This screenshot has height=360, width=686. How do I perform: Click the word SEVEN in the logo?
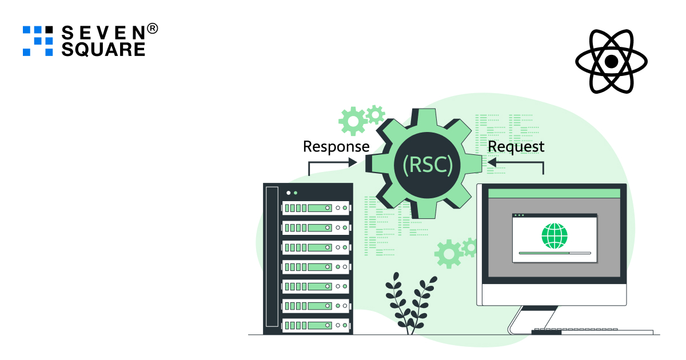point(103,31)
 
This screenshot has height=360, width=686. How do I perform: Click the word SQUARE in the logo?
point(103,49)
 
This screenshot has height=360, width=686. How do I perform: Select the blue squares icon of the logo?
point(38,41)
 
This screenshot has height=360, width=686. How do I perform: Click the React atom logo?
point(611,61)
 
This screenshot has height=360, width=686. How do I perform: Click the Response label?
point(336,146)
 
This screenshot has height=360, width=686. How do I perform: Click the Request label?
point(516,146)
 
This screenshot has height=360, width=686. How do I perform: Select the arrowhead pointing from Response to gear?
point(353,162)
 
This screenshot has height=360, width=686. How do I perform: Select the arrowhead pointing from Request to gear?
point(492,162)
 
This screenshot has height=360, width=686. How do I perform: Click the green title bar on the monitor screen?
point(554,194)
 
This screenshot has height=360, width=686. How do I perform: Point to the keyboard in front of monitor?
point(592,331)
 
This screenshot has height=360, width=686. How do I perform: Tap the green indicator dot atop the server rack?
point(296,193)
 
